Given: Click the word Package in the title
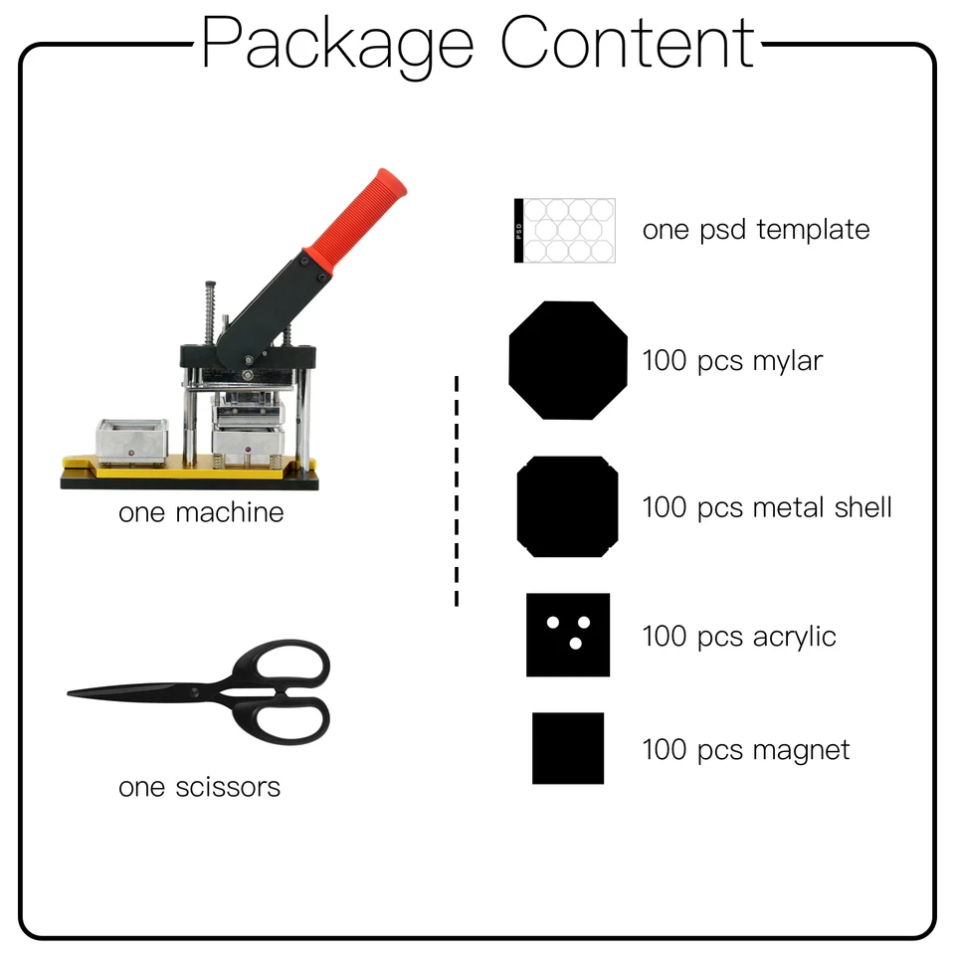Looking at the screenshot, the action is [x=337, y=44].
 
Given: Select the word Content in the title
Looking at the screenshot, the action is [x=628, y=42].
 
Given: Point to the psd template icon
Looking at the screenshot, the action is [x=565, y=230].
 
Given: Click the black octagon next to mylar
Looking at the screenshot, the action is [x=568, y=360].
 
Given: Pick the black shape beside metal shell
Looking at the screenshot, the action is [x=568, y=506].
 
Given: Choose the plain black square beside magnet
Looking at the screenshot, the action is [x=568, y=748].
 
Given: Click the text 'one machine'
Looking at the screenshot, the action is [x=201, y=512].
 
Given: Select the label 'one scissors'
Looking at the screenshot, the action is [x=200, y=787].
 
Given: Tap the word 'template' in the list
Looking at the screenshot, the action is [x=813, y=230].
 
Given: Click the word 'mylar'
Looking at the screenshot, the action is [x=788, y=361].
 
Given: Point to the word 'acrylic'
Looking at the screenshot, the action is [x=794, y=637].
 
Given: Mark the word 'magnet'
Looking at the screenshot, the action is [x=801, y=750].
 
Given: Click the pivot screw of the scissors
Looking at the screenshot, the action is [x=194, y=692].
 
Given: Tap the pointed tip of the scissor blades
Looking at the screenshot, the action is [x=69, y=692].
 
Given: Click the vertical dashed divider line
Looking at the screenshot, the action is [x=457, y=490].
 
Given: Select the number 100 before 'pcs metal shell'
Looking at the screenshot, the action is [x=665, y=507].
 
